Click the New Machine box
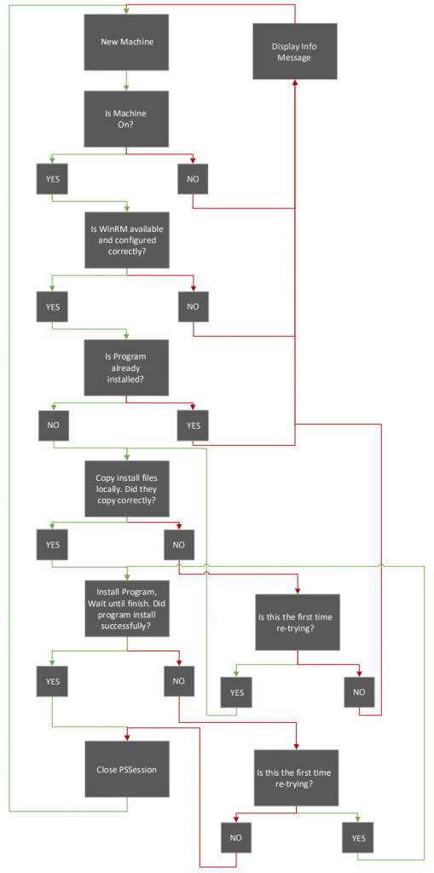point(126,42)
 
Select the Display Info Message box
point(295,51)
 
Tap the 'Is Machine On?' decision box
point(126,119)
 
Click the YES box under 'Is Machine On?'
point(52,179)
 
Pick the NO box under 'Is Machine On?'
point(194,179)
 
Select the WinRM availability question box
point(126,240)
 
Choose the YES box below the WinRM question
point(52,306)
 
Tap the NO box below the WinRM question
point(194,306)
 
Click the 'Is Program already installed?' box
point(126,367)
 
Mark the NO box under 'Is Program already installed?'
point(54,425)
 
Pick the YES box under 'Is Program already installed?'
point(193,425)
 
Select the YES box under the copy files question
point(52,545)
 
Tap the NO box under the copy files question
point(179,545)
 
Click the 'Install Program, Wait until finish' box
point(127,608)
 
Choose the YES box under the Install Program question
point(52,680)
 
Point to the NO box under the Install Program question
point(179,680)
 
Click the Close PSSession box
point(127,770)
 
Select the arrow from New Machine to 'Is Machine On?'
point(126,80)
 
